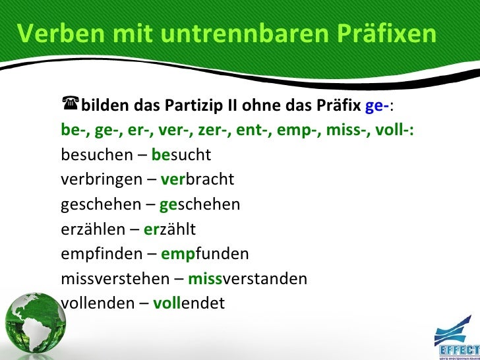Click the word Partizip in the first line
click(198, 106)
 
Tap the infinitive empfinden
click(101, 254)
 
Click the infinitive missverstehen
click(114, 279)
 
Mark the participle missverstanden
click(247, 279)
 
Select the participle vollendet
click(189, 303)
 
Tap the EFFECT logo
click(457, 334)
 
